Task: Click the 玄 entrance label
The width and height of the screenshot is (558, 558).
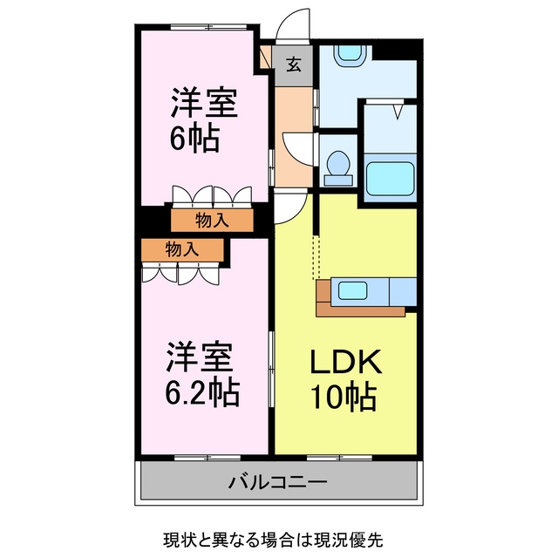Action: pos(294,65)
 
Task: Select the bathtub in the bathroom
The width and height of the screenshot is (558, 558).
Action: pos(390,179)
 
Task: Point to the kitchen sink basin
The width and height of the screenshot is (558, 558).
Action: pos(352,290)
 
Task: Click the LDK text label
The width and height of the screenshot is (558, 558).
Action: pos(346,362)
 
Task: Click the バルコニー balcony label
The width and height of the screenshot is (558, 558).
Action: pos(277,483)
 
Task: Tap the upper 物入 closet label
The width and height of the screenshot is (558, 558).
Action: pos(212,221)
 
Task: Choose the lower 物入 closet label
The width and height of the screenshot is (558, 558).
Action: pos(182,249)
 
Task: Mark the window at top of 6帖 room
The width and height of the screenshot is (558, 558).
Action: pos(208,27)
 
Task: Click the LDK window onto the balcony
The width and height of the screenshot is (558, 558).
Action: pos(339,458)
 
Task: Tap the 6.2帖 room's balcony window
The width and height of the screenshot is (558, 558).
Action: pos(208,458)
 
